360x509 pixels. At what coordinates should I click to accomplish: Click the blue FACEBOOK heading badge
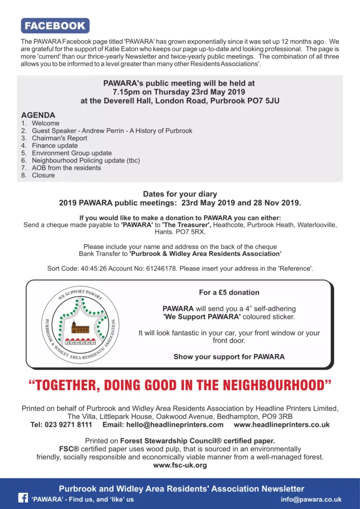(55, 26)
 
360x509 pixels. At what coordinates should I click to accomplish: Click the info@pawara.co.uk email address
(311, 499)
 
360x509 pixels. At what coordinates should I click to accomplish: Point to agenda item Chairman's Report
(59, 138)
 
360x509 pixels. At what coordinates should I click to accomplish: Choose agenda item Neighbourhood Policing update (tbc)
(86, 161)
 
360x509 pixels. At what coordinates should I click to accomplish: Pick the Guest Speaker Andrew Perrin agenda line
(112, 131)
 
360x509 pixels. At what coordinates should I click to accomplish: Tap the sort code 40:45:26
(93, 268)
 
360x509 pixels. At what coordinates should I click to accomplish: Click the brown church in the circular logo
(80, 328)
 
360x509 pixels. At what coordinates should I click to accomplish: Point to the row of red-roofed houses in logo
(80, 341)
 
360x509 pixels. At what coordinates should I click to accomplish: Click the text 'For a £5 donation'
(229, 292)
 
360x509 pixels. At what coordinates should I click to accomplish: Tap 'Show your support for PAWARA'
(229, 356)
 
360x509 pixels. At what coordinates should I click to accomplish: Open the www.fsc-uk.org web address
(180, 465)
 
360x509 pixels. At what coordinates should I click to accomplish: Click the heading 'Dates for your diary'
(180, 194)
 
